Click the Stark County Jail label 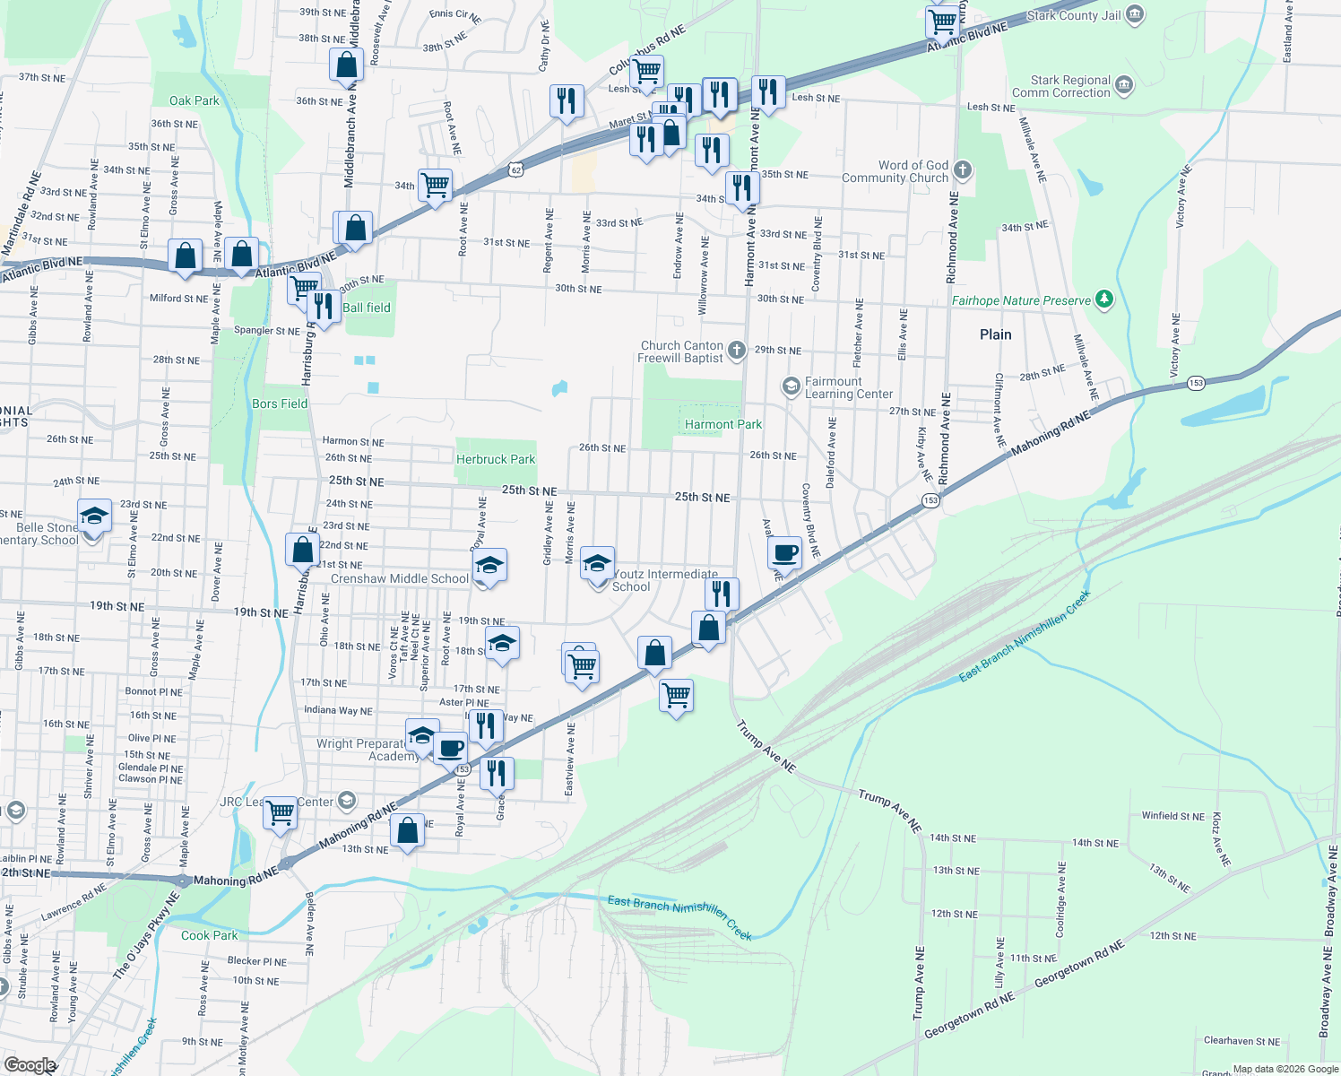point(1073,15)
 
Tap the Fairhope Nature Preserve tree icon point(1104,299)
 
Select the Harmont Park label point(722,424)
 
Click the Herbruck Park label point(495,459)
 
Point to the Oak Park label point(194,100)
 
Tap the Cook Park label point(209,935)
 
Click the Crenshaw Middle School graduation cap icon point(489,565)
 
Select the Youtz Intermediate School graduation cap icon point(597,563)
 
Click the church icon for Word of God point(963,169)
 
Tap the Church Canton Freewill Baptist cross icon point(736,350)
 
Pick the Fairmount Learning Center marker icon point(791,386)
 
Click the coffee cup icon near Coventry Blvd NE point(784,551)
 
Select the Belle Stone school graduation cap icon point(94,516)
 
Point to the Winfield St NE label point(1172,816)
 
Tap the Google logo point(30,1065)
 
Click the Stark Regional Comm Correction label point(1060,86)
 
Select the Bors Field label point(280,403)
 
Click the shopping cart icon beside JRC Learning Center point(281,812)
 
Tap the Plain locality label point(995,334)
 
